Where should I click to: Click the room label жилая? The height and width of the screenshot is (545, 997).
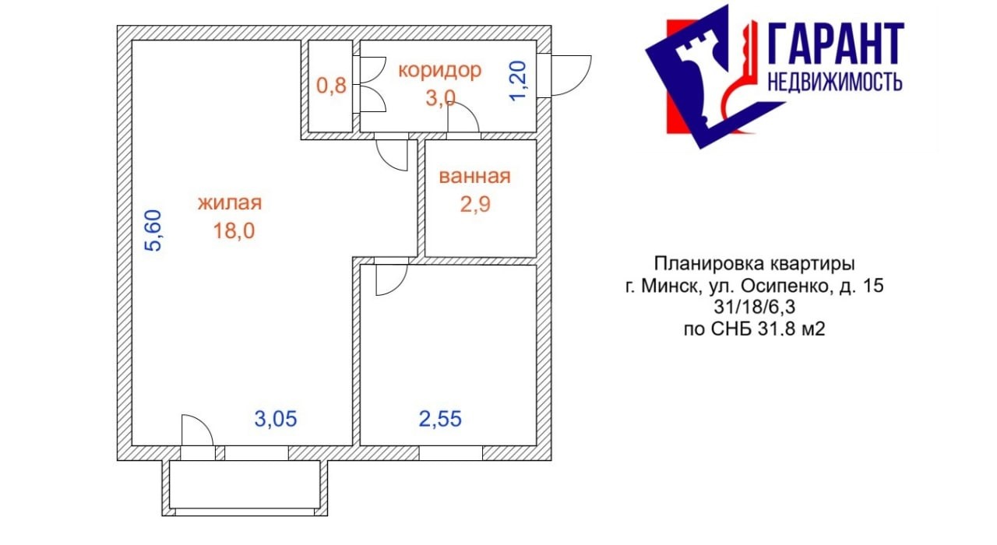coord(230,203)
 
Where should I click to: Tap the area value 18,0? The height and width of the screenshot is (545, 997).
coord(234,231)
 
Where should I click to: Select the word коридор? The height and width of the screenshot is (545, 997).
coord(440,71)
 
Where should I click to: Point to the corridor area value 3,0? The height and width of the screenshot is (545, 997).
coord(440,98)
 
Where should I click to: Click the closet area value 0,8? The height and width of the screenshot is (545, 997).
coord(331,86)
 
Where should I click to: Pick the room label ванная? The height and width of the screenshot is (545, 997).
coord(474,177)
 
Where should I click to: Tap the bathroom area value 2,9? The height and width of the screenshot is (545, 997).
coord(475,205)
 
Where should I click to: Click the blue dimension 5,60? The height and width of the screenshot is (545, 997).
coord(153,230)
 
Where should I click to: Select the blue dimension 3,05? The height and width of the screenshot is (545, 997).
coord(276,419)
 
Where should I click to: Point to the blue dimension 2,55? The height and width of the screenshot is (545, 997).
coord(440,419)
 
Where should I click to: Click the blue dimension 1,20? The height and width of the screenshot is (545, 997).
coord(519,81)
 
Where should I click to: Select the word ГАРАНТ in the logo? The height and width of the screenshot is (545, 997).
coord(836,44)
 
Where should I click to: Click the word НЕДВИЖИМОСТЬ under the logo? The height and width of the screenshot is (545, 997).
coord(835,83)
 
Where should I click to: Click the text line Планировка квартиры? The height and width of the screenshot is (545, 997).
coord(755,264)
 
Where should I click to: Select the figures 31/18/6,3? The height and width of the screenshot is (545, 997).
coord(755,308)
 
